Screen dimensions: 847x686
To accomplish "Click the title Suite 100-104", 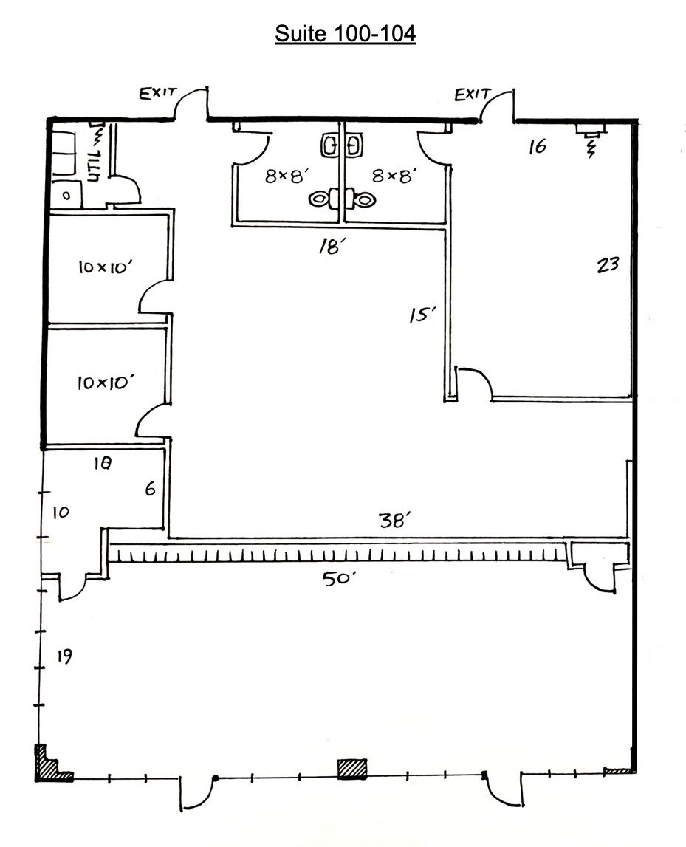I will (x=345, y=34).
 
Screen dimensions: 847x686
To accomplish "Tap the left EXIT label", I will (x=158, y=93).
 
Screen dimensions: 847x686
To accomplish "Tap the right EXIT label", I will (x=473, y=94).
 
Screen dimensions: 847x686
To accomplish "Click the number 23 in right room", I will (x=607, y=264).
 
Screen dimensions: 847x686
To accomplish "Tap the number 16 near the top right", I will (x=538, y=146).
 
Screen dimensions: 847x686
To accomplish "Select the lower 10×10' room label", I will (x=105, y=382).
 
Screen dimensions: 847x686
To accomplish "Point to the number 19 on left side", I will (x=64, y=656).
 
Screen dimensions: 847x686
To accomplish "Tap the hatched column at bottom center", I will (x=352, y=769).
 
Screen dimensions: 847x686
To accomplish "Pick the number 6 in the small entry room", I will (x=150, y=489).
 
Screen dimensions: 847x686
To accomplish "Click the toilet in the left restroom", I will (x=323, y=198).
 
